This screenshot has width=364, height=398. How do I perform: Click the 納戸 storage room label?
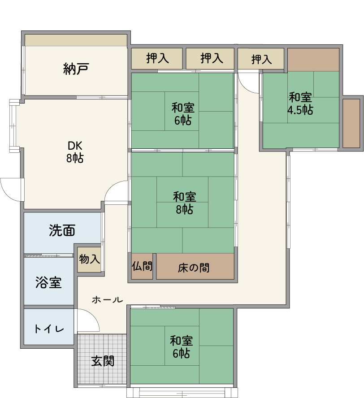(76, 69)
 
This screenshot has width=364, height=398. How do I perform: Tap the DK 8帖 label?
(75, 152)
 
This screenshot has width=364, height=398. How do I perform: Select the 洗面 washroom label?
(62, 230)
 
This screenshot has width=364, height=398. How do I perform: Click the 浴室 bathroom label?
(48, 282)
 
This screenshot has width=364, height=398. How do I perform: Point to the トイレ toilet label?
(49, 329)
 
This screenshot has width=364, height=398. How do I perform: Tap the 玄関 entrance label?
(103, 361)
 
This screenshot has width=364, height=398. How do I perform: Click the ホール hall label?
(108, 300)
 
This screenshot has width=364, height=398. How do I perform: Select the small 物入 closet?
(89, 260)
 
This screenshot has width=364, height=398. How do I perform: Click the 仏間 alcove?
(142, 266)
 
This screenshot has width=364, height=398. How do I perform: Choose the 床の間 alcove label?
(194, 268)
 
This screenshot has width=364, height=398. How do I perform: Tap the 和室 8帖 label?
(185, 203)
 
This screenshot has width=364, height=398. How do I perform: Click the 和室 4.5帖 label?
(300, 104)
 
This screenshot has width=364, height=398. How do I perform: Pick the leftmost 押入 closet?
(157, 58)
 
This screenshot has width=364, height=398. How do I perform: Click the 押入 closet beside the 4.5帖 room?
(261, 59)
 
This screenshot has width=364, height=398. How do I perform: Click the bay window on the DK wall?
(13, 126)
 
